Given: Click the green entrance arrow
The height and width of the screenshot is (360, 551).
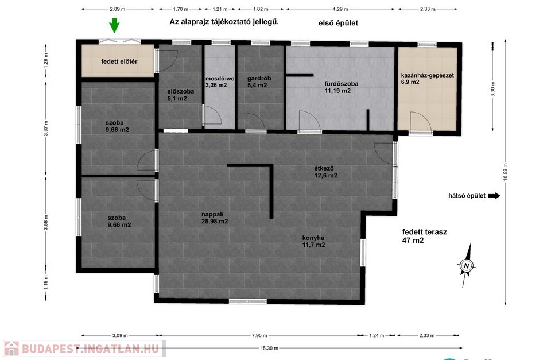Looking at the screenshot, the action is pyautogui.click(x=114, y=26).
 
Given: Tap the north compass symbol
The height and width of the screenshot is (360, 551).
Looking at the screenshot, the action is pyautogui.click(x=466, y=265).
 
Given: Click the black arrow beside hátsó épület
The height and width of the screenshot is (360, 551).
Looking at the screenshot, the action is pyautogui.click(x=494, y=196).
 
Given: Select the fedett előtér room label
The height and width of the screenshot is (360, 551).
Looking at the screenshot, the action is pyautogui.click(x=119, y=61).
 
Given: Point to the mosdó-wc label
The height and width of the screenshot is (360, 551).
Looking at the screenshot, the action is pyautogui.click(x=220, y=79).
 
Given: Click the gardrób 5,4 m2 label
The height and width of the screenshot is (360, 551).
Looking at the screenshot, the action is pyautogui.click(x=259, y=82).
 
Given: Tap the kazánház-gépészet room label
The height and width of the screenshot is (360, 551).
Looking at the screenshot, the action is pyautogui.click(x=427, y=75).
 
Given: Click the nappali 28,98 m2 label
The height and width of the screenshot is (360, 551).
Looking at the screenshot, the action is pyautogui.click(x=215, y=218).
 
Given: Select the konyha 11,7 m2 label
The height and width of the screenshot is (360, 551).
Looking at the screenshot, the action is pyautogui.click(x=313, y=242).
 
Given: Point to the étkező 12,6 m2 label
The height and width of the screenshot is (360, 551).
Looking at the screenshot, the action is pyautogui.click(x=325, y=172).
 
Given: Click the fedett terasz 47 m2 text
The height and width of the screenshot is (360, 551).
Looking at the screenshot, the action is pyautogui.click(x=425, y=236).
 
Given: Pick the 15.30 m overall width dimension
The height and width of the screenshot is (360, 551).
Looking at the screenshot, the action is pyautogui.click(x=269, y=348).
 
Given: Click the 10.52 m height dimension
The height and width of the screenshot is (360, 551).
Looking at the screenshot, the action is pyautogui.click(x=505, y=172).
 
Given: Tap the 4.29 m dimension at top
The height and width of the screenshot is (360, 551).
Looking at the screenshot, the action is pyautogui.click(x=340, y=9).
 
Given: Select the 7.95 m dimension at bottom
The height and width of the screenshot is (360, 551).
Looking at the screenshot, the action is pyautogui.click(x=259, y=335).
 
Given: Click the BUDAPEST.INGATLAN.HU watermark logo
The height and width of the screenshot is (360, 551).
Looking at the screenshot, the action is pyautogui.click(x=84, y=349).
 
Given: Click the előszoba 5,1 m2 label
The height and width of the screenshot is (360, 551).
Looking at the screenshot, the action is pyautogui.click(x=180, y=95).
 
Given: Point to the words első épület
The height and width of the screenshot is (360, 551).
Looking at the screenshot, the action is pyautogui.click(x=338, y=23).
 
